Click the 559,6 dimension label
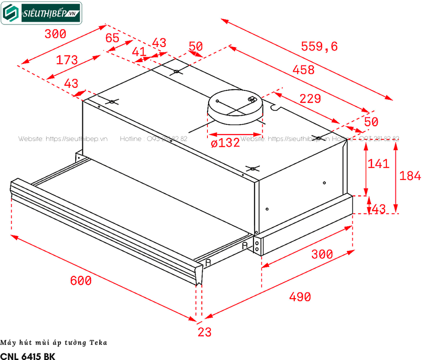pos(319,46)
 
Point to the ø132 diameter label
pos(225,143)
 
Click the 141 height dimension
pos(379,163)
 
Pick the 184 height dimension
pos(409,176)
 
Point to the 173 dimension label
pos(67,60)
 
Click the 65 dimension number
pos(112,38)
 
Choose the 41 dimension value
pos(139,52)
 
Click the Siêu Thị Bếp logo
pos(42,13)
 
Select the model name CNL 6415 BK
pos(27,355)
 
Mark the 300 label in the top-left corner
pos(55,34)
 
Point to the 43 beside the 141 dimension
pos(378,209)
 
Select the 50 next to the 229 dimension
pos(371,122)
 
